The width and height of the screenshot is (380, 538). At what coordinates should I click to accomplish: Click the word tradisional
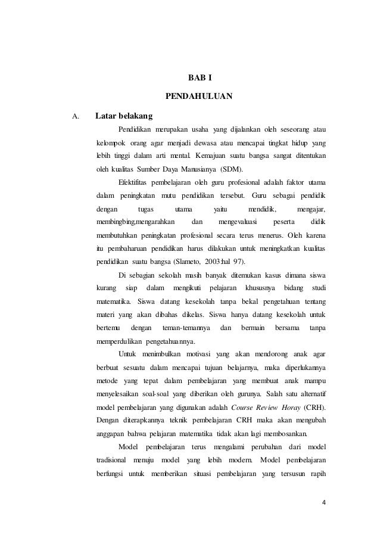tap(111, 461)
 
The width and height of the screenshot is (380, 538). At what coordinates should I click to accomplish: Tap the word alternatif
tap(307, 395)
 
